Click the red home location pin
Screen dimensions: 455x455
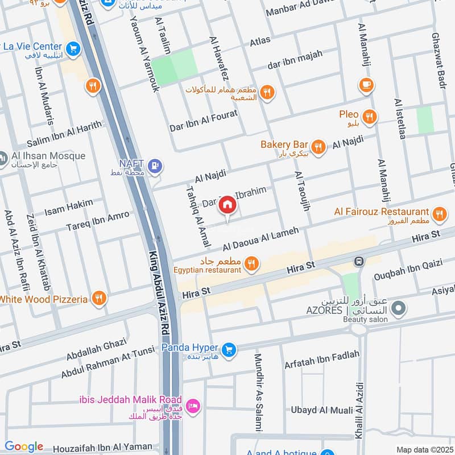tap(227, 205)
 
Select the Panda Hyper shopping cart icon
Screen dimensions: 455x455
tap(229, 349)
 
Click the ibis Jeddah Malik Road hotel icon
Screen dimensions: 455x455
tap(193, 406)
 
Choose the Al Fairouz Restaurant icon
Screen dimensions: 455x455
tap(439, 214)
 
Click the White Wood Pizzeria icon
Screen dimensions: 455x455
tap(99, 299)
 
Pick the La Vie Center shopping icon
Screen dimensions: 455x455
tap(72, 49)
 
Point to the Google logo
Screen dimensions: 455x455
tap(23, 446)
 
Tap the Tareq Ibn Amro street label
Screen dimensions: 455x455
tap(97, 222)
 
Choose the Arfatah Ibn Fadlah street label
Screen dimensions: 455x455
tap(322, 358)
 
